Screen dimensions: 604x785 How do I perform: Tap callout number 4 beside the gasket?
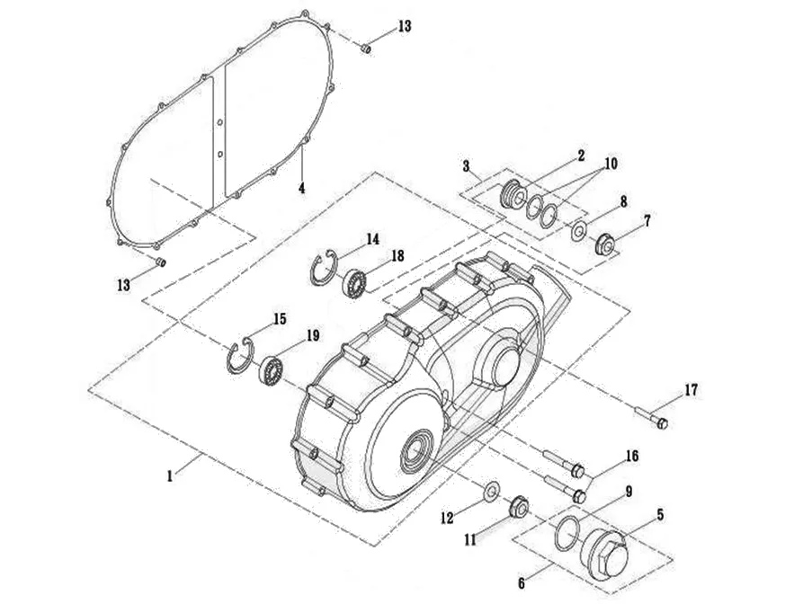[x=302, y=189]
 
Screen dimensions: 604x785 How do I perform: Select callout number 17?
[x=691, y=390]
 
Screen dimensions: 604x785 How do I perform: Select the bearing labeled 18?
[x=355, y=283]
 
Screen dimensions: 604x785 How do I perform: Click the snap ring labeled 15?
[x=239, y=357]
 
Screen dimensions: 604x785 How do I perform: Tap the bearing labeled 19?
[x=271, y=370]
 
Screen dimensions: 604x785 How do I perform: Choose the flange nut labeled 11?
[x=518, y=508]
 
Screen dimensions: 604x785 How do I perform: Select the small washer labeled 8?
[x=578, y=231]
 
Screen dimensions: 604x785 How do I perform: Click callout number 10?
[x=611, y=164]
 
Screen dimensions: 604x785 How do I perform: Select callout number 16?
[x=632, y=457]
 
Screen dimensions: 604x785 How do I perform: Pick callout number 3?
[x=467, y=166]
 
